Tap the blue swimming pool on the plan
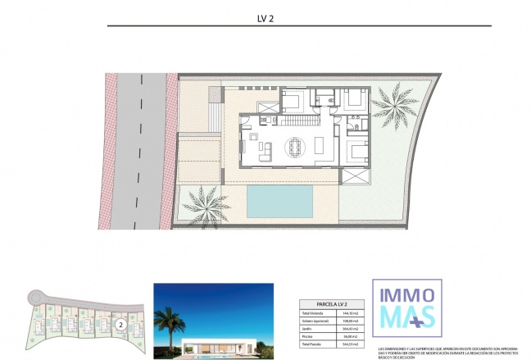coord(279,199)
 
